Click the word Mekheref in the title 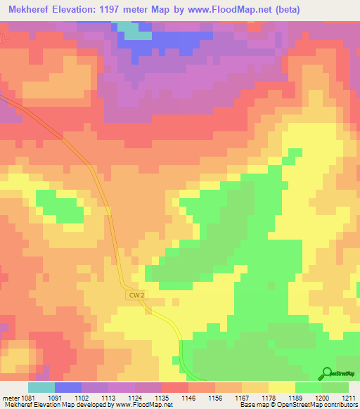(x=32, y=9)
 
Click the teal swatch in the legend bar (x=41, y=387)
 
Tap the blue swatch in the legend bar (x=68, y=387)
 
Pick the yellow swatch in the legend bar (x=282, y=387)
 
